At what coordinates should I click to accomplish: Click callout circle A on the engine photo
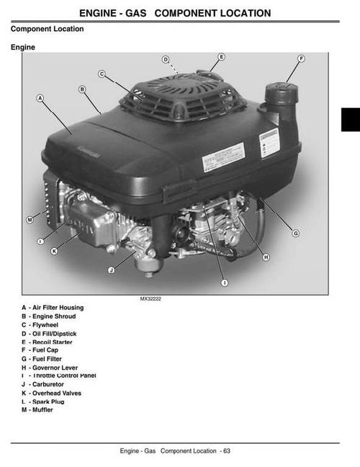(40, 98)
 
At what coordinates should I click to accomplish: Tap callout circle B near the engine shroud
(82, 89)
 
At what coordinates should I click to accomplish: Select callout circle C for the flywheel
(102, 74)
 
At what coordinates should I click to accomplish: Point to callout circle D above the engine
(165, 59)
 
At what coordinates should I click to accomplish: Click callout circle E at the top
(221, 56)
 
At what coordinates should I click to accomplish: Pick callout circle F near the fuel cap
(301, 58)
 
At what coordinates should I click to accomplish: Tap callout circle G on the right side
(296, 233)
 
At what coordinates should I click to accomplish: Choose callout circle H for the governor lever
(266, 257)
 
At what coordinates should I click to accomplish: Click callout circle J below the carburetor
(111, 270)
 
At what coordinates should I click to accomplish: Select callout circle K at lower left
(54, 251)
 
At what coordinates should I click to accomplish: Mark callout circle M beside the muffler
(30, 219)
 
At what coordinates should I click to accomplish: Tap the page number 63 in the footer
(226, 451)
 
